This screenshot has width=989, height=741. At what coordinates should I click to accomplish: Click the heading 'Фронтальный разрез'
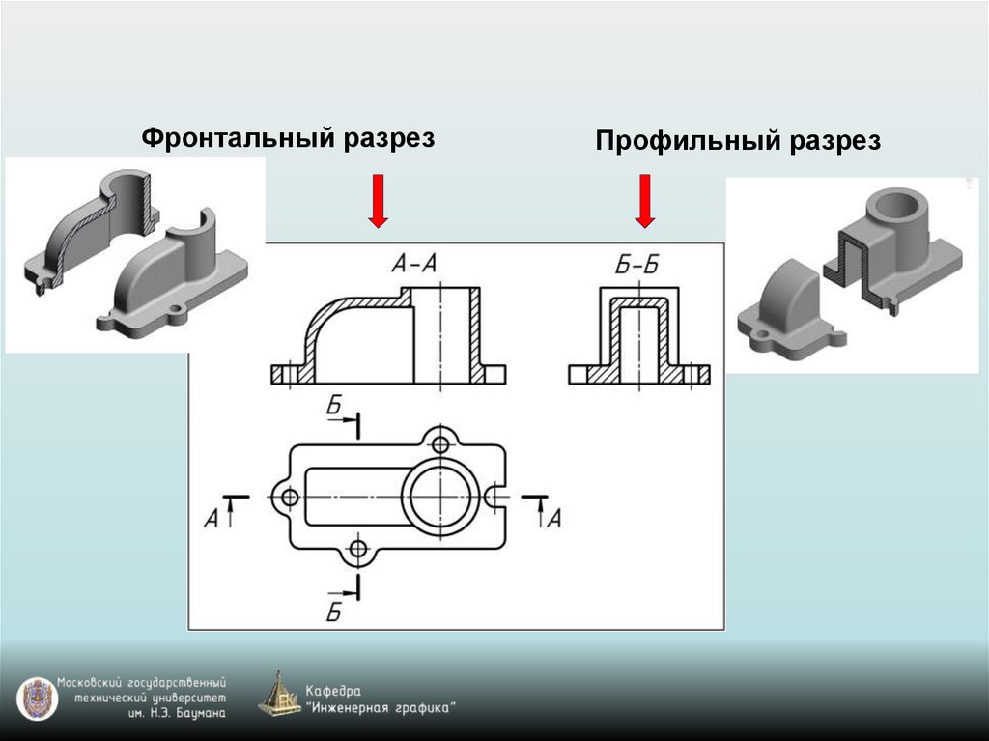coord(289,138)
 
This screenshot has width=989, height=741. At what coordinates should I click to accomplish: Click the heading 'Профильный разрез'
coord(738,142)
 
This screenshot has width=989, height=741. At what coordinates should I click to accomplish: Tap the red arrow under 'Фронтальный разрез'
coord(379,201)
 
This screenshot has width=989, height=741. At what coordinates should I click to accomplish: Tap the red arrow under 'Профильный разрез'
coord(646,201)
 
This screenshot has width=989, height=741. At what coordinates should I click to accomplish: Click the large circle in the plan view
coord(439,496)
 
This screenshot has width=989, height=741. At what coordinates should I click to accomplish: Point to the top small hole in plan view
coord(441,444)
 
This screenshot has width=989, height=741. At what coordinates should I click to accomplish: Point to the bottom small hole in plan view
coord(358,550)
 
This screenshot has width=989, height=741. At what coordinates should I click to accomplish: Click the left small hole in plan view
coord(287,497)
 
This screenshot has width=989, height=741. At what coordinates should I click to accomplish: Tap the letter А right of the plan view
coord(553,519)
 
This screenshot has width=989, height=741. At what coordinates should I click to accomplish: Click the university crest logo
coord(36,698)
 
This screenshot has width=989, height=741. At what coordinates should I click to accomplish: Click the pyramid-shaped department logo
coord(280,694)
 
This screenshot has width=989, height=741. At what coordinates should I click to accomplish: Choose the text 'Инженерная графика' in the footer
coord(381,708)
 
